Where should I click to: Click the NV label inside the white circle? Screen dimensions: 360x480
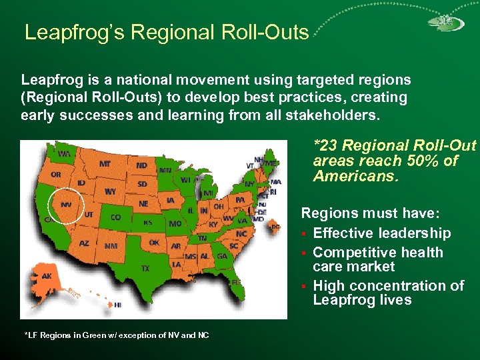pyautogui.click(x=67, y=205)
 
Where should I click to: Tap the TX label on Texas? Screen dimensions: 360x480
pyautogui.click(x=145, y=268)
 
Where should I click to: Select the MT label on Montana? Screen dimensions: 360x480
pyautogui.click(x=105, y=163)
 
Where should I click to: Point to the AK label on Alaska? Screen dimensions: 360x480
pyautogui.click(x=47, y=276)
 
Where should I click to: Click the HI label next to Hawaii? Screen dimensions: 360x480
pyautogui.click(x=117, y=304)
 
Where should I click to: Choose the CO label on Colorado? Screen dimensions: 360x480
pyautogui.click(x=115, y=217)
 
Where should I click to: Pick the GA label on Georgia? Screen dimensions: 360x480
pyautogui.click(x=221, y=256)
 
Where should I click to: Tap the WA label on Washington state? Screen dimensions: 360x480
pyautogui.click(x=64, y=153)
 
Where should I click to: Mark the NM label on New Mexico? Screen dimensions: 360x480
pyautogui.click(x=111, y=245)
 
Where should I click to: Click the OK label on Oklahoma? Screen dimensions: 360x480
pyautogui.click(x=154, y=243)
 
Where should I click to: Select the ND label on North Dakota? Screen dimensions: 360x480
pyautogui.click(x=142, y=165)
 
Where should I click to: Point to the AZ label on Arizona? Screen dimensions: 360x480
pyautogui.click(x=84, y=243)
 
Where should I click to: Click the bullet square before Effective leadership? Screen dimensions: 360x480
pyautogui.click(x=304, y=234)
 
